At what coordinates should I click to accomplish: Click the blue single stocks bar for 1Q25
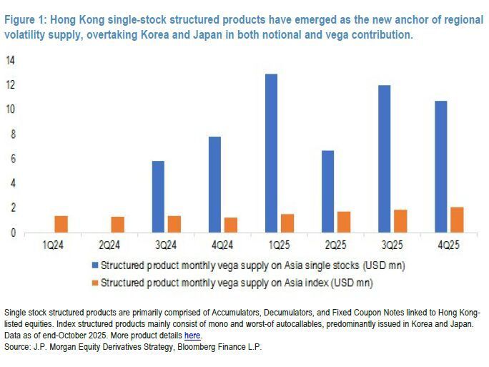[x=272, y=153]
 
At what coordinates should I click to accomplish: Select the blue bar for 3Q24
[x=158, y=197]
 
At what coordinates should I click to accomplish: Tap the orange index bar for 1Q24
[x=61, y=224]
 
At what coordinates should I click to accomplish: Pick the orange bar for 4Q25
[x=457, y=220]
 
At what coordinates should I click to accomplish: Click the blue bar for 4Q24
[x=214, y=185]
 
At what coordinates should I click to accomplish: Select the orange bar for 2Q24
[x=118, y=225]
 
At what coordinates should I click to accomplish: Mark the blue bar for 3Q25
[x=385, y=159]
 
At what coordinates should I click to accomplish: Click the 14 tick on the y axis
[x=10, y=61]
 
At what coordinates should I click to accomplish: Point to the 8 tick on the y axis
[x=10, y=134]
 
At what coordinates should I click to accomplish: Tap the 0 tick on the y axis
[x=11, y=233]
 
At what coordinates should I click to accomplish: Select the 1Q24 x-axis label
[x=51, y=245]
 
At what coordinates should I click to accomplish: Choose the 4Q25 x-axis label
[x=448, y=245]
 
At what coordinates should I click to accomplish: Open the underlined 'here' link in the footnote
[x=192, y=336]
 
